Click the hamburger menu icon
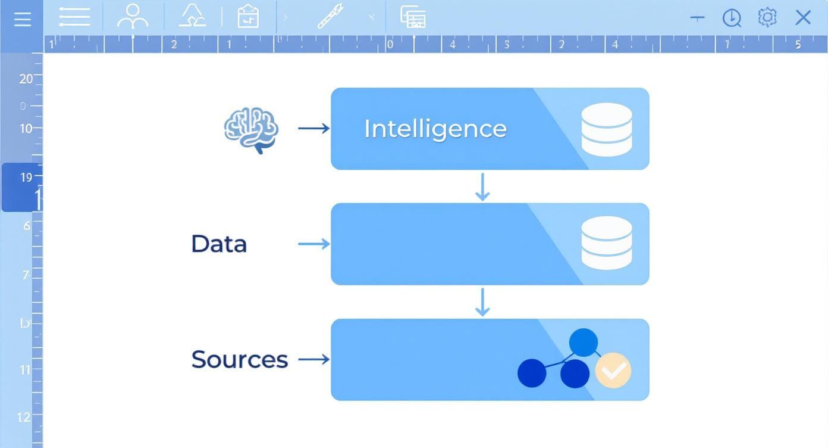pos(22,19)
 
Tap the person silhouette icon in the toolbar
pos(132,17)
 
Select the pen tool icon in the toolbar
pos(330,17)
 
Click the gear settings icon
pos(767,17)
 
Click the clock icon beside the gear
pos(732,18)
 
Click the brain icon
pos(251,129)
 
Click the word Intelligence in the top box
pos(435,129)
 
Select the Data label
pos(218,244)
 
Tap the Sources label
pos(239,359)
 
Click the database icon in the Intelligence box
pos(606,129)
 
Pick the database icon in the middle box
pos(606,243)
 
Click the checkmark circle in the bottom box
pos(613,371)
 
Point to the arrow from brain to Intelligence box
pos(313,128)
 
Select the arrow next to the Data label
pos(313,244)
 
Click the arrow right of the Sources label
pos(313,359)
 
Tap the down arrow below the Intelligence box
pos(482,187)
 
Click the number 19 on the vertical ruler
pos(26,177)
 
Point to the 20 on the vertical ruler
pos(26,79)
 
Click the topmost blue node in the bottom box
pos(583,343)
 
